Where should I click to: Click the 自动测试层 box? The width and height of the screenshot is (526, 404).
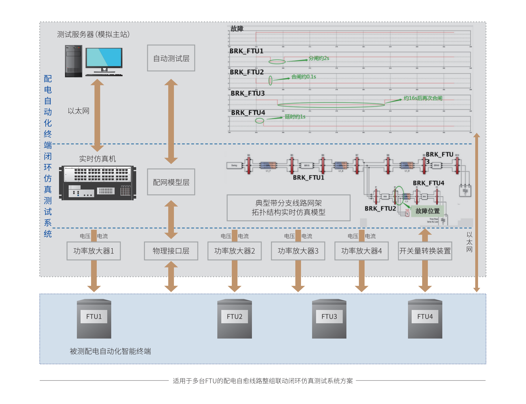(x=171, y=58)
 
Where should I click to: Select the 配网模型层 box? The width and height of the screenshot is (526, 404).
(x=171, y=182)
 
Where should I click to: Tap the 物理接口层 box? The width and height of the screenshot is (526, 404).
(x=171, y=251)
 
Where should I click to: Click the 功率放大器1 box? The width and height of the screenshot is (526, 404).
(x=94, y=251)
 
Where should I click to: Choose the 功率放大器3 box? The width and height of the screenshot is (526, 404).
(x=298, y=251)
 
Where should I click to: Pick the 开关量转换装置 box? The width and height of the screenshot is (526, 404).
(x=425, y=251)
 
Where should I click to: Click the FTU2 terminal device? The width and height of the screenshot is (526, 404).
(x=235, y=319)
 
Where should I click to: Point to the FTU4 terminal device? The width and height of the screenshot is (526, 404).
(x=425, y=319)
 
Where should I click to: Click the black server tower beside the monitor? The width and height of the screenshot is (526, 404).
(x=73, y=61)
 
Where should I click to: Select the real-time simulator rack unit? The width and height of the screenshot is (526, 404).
(x=97, y=183)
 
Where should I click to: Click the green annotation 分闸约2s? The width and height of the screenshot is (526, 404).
(x=319, y=58)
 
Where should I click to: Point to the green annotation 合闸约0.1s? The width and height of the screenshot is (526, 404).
(x=304, y=76)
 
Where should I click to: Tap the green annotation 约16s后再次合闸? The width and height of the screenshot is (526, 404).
(x=423, y=98)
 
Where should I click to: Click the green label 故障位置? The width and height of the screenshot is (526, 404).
(x=428, y=211)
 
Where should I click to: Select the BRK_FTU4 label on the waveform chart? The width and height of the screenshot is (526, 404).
(x=248, y=113)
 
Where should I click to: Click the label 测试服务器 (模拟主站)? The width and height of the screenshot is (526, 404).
(x=93, y=34)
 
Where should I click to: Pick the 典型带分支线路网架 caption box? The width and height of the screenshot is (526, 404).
(x=289, y=208)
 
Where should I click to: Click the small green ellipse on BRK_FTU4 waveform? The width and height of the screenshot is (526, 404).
(x=260, y=121)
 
